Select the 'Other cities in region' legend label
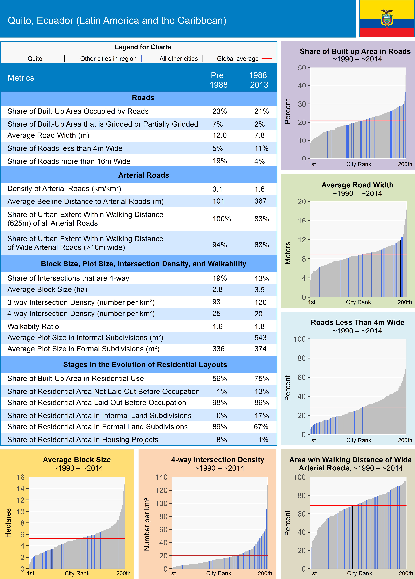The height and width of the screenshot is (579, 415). tap(108, 59)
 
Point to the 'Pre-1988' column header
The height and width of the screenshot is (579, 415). tap(218, 80)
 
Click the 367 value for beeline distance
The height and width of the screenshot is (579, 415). tap(260, 201)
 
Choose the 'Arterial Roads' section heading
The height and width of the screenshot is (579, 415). tap(143, 175)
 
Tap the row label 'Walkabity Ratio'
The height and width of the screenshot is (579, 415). tap(33, 327)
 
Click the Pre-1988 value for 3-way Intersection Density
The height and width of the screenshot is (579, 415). tap(216, 302)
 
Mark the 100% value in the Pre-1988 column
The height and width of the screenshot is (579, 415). tap(222, 219)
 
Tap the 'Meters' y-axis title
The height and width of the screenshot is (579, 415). tap(288, 253)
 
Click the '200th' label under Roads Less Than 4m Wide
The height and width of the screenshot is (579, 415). tap(405, 440)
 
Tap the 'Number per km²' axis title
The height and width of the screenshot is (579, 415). tap(147, 524)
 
